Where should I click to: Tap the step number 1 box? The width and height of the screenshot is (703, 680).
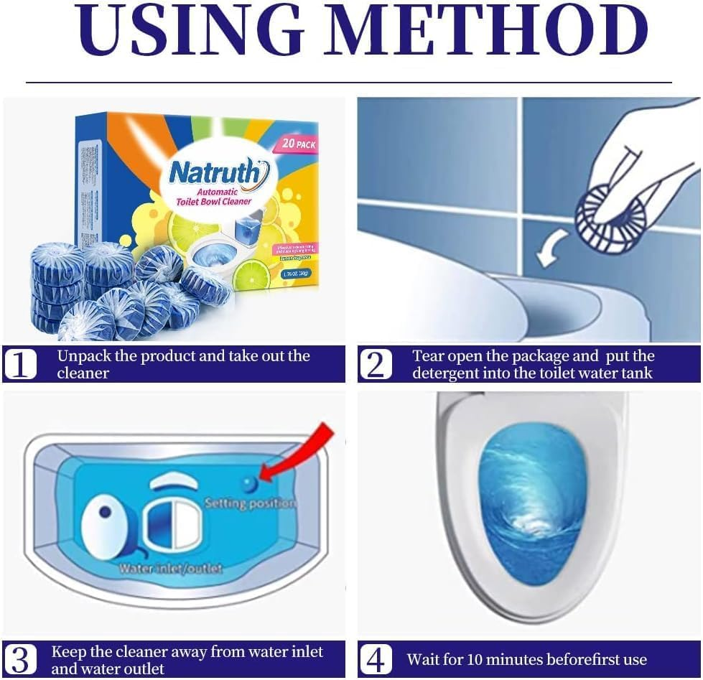pyautogui.click(x=19, y=365)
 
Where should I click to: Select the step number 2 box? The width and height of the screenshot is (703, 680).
pyautogui.click(x=376, y=365)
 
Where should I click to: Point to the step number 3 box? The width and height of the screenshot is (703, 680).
pyautogui.click(x=19, y=659)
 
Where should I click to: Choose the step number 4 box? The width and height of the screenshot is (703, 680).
pyautogui.click(x=376, y=659)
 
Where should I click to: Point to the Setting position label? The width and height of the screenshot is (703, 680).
pyautogui.click(x=250, y=503)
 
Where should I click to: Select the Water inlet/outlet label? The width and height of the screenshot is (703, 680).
pyautogui.click(x=171, y=569)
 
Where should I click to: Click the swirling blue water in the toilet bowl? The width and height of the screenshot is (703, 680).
pyautogui.click(x=531, y=503)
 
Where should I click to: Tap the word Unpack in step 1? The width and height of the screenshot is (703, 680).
pyautogui.click(x=83, y=356)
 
